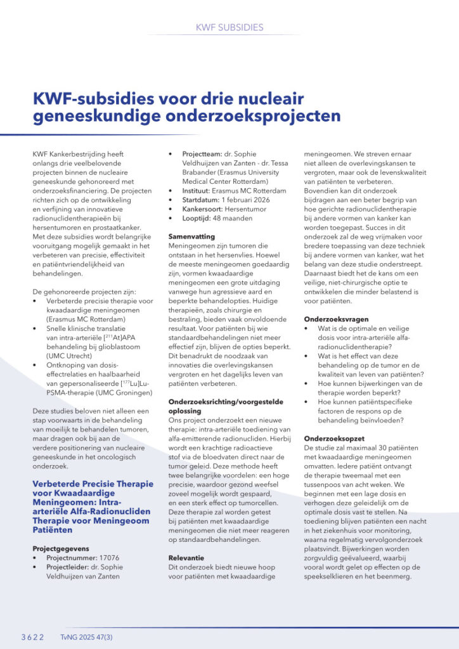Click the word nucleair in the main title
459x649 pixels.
pyautogui.click(x=264, y=99)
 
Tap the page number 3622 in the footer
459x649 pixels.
pyautogui.click(x=32, y=636)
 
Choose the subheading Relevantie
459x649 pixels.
pyautogui.click(x=187, y=557)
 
